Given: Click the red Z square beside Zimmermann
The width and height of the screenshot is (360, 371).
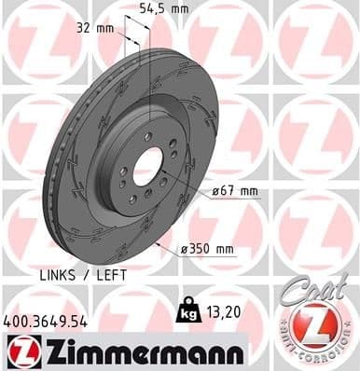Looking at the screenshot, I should [19, 350].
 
